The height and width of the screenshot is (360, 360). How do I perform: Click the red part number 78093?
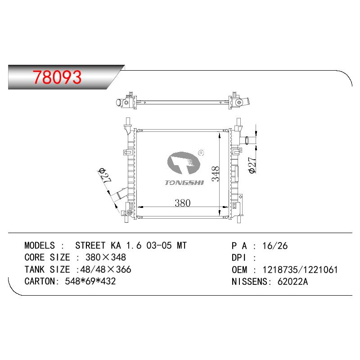coord(57,77)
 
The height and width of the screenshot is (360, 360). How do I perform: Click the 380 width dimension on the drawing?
coord(183,203)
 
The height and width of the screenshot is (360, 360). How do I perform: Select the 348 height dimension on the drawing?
coord(216,174)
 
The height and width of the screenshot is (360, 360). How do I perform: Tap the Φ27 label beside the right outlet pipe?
coord(252,165)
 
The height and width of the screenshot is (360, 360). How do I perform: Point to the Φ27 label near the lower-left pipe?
coord(105,175)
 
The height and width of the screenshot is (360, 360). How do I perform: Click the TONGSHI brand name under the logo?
coord(184,183)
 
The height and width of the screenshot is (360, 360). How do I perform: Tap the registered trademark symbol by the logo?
coord(201,153)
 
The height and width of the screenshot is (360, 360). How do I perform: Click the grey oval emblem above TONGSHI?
coord(184,162)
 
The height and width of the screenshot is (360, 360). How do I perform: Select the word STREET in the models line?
coord(90,245)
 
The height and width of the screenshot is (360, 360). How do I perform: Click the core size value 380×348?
coord(106,257)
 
